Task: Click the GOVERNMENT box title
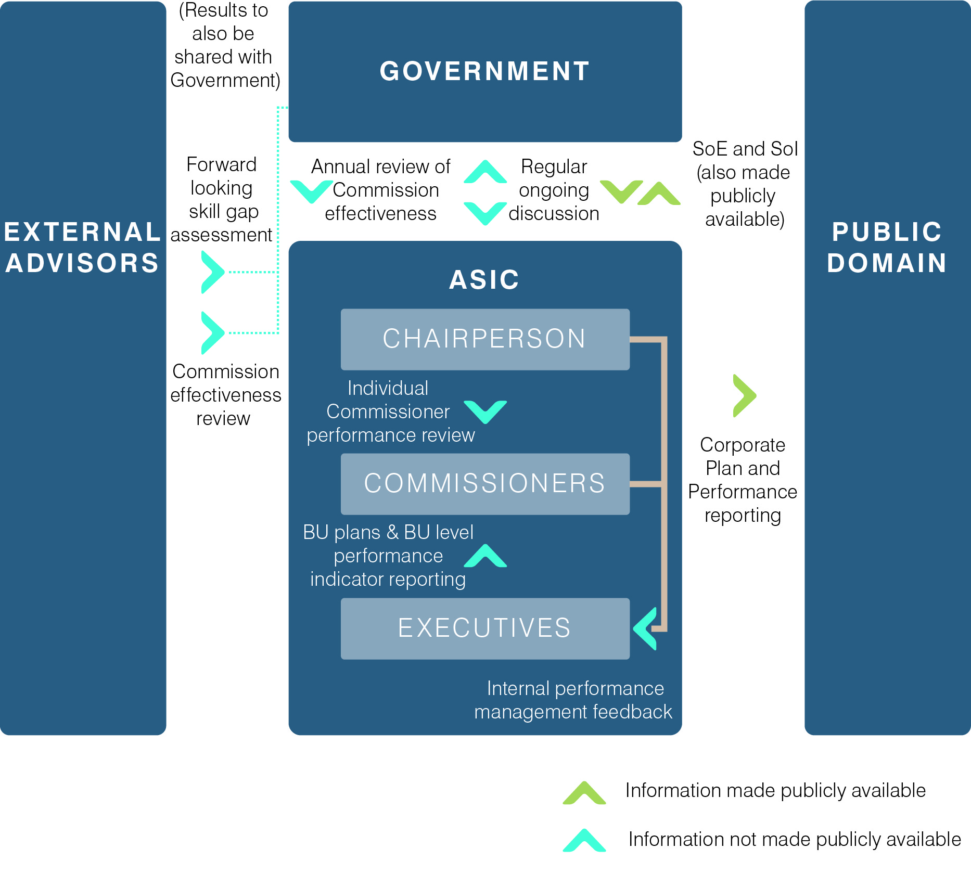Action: [x=484, y=71]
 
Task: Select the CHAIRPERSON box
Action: [x=484, y=339]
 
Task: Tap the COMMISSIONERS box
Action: [x=484, y=483]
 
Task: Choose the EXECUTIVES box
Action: [x=484, y=628]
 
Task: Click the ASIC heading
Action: [x=484, y=280]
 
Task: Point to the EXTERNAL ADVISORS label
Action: [x=82, y=248]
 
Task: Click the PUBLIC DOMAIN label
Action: [x=887, y=248]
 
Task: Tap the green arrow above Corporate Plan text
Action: [x=744, y=395]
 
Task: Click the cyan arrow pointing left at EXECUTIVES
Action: [x=646, y=628]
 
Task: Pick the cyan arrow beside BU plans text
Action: [x=485, y=556]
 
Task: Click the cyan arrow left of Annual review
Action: [x=311, y=191]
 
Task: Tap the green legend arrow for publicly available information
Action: [x=584, y=793]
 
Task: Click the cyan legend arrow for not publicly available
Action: [x=584, y=840]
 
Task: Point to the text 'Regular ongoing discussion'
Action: [x=554, y=190]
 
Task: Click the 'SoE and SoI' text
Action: [x=745, y=149]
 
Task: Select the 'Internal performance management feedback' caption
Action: [x=573, y=700]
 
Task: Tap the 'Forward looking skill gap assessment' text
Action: [x=222, y=200]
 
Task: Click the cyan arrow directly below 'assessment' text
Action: [x=212, y=272]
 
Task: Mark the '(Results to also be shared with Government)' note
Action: [x=224, y=45]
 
